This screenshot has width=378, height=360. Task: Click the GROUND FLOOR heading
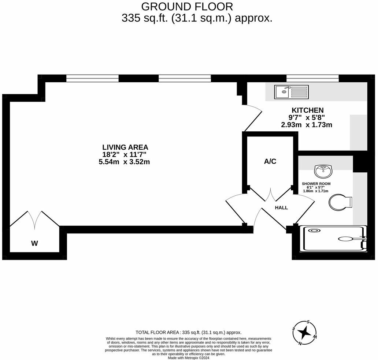pos(187,7)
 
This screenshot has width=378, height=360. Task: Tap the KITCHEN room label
pos(307,110)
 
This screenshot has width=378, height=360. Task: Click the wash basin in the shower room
pos(323,170)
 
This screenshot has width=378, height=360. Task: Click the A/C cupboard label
pos(270,161)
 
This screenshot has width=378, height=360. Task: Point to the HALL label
pos(281,207)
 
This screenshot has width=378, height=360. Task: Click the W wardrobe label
pos(34,243)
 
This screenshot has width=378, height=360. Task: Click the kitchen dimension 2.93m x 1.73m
pos(306,125)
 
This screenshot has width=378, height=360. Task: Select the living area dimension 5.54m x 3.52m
pos(125,162)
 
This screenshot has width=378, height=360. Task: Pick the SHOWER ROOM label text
pos(316,183)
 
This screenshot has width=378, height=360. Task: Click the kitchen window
pos(312,78)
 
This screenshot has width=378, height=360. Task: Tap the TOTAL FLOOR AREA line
pos(189,333)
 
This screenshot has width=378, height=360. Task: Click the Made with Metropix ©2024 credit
pos(189,357)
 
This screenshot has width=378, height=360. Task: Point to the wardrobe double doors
pos(35,220)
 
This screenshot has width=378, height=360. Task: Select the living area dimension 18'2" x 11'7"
pos(125,154)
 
